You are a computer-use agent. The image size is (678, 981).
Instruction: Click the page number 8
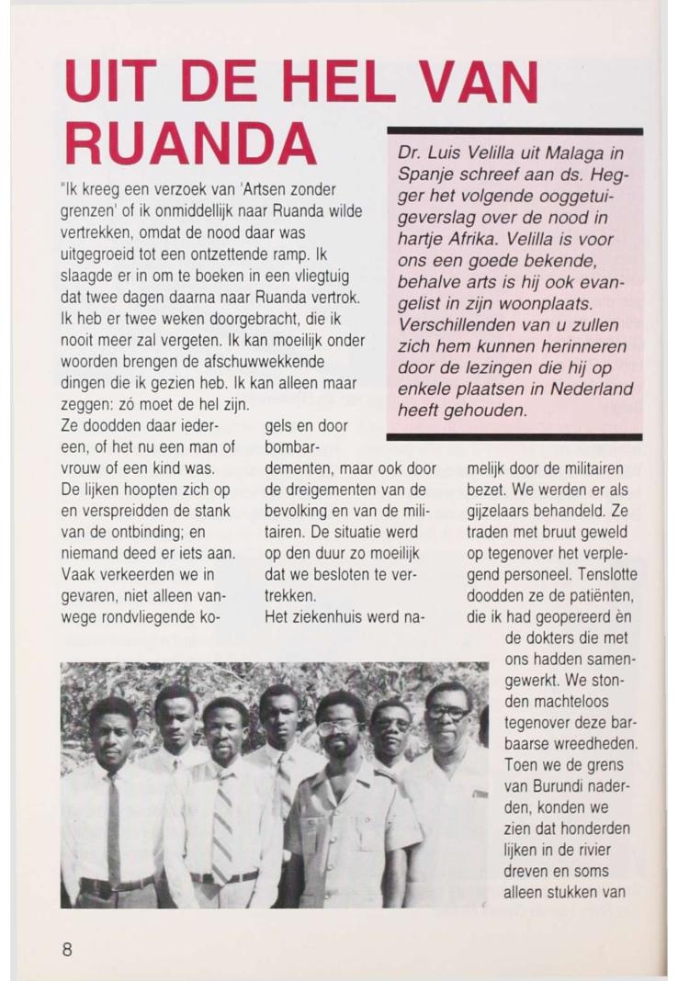tap(67, 949)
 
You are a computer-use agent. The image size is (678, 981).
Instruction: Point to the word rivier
tap(606, 849)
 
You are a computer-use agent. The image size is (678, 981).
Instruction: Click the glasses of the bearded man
tap(338, 727)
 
